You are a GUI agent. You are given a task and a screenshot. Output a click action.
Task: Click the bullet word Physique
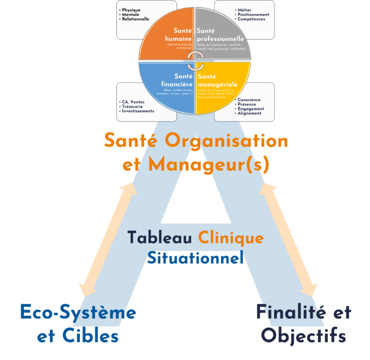click(131, 10)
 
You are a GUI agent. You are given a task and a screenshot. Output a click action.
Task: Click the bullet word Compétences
click(252, 19)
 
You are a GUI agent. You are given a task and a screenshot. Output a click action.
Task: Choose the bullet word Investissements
click(138, 111)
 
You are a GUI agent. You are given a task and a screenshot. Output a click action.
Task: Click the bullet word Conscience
click(249, 100)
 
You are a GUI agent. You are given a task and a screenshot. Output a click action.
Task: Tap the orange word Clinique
click(230, 238)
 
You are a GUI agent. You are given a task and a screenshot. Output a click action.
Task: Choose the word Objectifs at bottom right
click(304, 336)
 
